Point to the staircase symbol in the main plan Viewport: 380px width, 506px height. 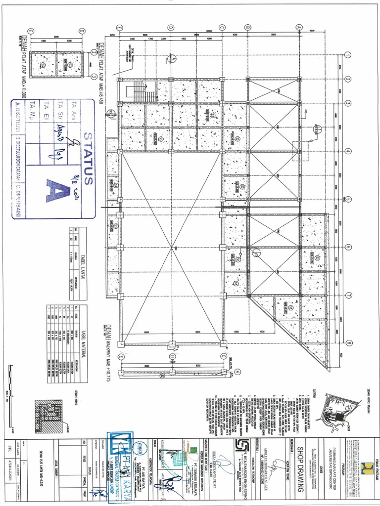pos(133,91)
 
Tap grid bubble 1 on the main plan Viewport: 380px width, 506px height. pos(348,55)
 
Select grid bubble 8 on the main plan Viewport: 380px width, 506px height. pos(348,343)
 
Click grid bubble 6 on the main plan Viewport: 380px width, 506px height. pos(348,248)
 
